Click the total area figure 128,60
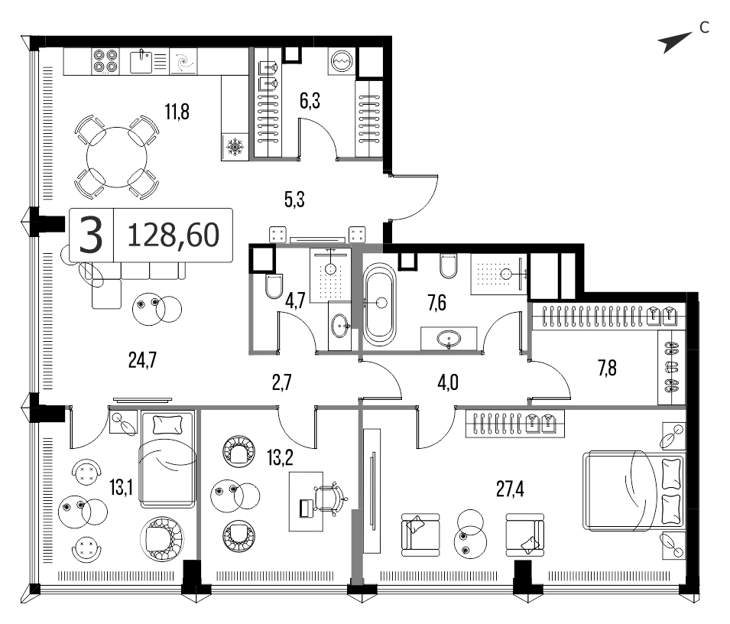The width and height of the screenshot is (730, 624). point(174,235)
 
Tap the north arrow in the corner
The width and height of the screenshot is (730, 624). point(675,42)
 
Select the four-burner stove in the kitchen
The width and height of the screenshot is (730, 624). point(105,61)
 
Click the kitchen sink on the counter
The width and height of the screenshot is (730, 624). point(141,62)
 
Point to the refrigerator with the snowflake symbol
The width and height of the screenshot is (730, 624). point(235,147)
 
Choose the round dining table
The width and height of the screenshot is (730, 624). point(116,157)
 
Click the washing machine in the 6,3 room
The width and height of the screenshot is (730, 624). point(342,61)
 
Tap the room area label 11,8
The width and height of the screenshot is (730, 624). point(177,112)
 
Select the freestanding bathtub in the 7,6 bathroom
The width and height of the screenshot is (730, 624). point(380,304)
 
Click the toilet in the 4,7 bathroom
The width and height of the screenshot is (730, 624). point(274,285)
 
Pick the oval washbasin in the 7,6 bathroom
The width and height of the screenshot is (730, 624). point(448,339)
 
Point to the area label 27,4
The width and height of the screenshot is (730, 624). point(510,489)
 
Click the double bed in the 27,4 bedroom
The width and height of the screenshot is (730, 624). point(633,490)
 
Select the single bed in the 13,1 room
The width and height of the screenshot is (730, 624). point(167,459)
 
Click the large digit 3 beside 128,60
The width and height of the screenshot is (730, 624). point(91,236)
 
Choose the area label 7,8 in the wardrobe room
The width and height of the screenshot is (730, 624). point(607,368)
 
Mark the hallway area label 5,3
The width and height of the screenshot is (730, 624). point(294,200)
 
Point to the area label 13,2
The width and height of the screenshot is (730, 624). point(280,458)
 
